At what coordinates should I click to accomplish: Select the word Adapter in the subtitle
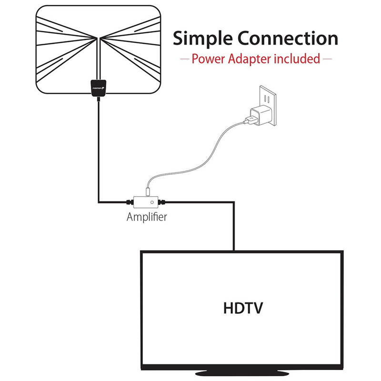pos(251,59)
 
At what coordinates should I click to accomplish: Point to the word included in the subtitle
pos(297,59)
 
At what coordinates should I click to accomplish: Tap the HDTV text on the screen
pos(242,307)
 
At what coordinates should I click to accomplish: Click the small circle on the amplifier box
pos(152,201)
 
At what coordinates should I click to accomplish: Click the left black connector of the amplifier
pos(129,201)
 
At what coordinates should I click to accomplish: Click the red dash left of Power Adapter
pos(184,60)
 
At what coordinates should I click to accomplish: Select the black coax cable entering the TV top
pos(234,229)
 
